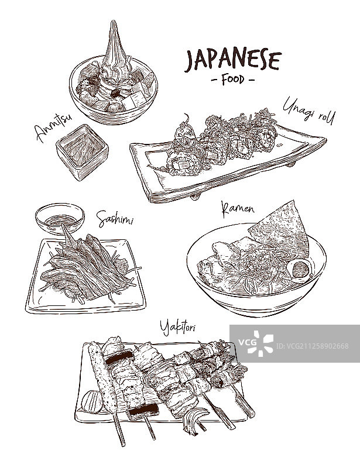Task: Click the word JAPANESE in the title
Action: click(233, 60)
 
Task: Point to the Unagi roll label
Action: click(308, 112)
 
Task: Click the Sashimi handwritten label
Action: click(115, 219)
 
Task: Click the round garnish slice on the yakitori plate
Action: click(92, 401)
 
